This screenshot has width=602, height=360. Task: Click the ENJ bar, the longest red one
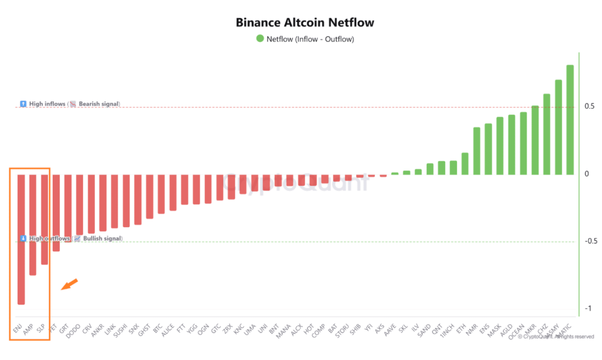(21, 239)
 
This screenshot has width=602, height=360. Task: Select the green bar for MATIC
(570, 120)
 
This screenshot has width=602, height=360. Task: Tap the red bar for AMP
(33, 225)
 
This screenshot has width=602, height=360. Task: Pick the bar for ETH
(465, 164)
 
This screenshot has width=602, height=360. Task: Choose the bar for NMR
(476, 151)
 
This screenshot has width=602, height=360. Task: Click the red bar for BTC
(161, 194)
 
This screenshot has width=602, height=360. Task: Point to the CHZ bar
(546, 134)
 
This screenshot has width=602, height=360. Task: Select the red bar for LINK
(114, 201)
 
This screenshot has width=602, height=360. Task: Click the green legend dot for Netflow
(260, 39)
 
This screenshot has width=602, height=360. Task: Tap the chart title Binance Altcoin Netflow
(305, 23)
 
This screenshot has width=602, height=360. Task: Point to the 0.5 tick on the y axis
(589, 107)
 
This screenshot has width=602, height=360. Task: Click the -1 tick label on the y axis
(588, 309)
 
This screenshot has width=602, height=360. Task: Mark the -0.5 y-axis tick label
(588, 241)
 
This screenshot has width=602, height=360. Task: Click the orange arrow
(69, 284)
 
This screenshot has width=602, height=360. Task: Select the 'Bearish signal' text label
(99, 104)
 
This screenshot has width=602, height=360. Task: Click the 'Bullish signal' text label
(102, 239)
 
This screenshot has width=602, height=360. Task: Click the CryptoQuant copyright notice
(556, 336)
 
